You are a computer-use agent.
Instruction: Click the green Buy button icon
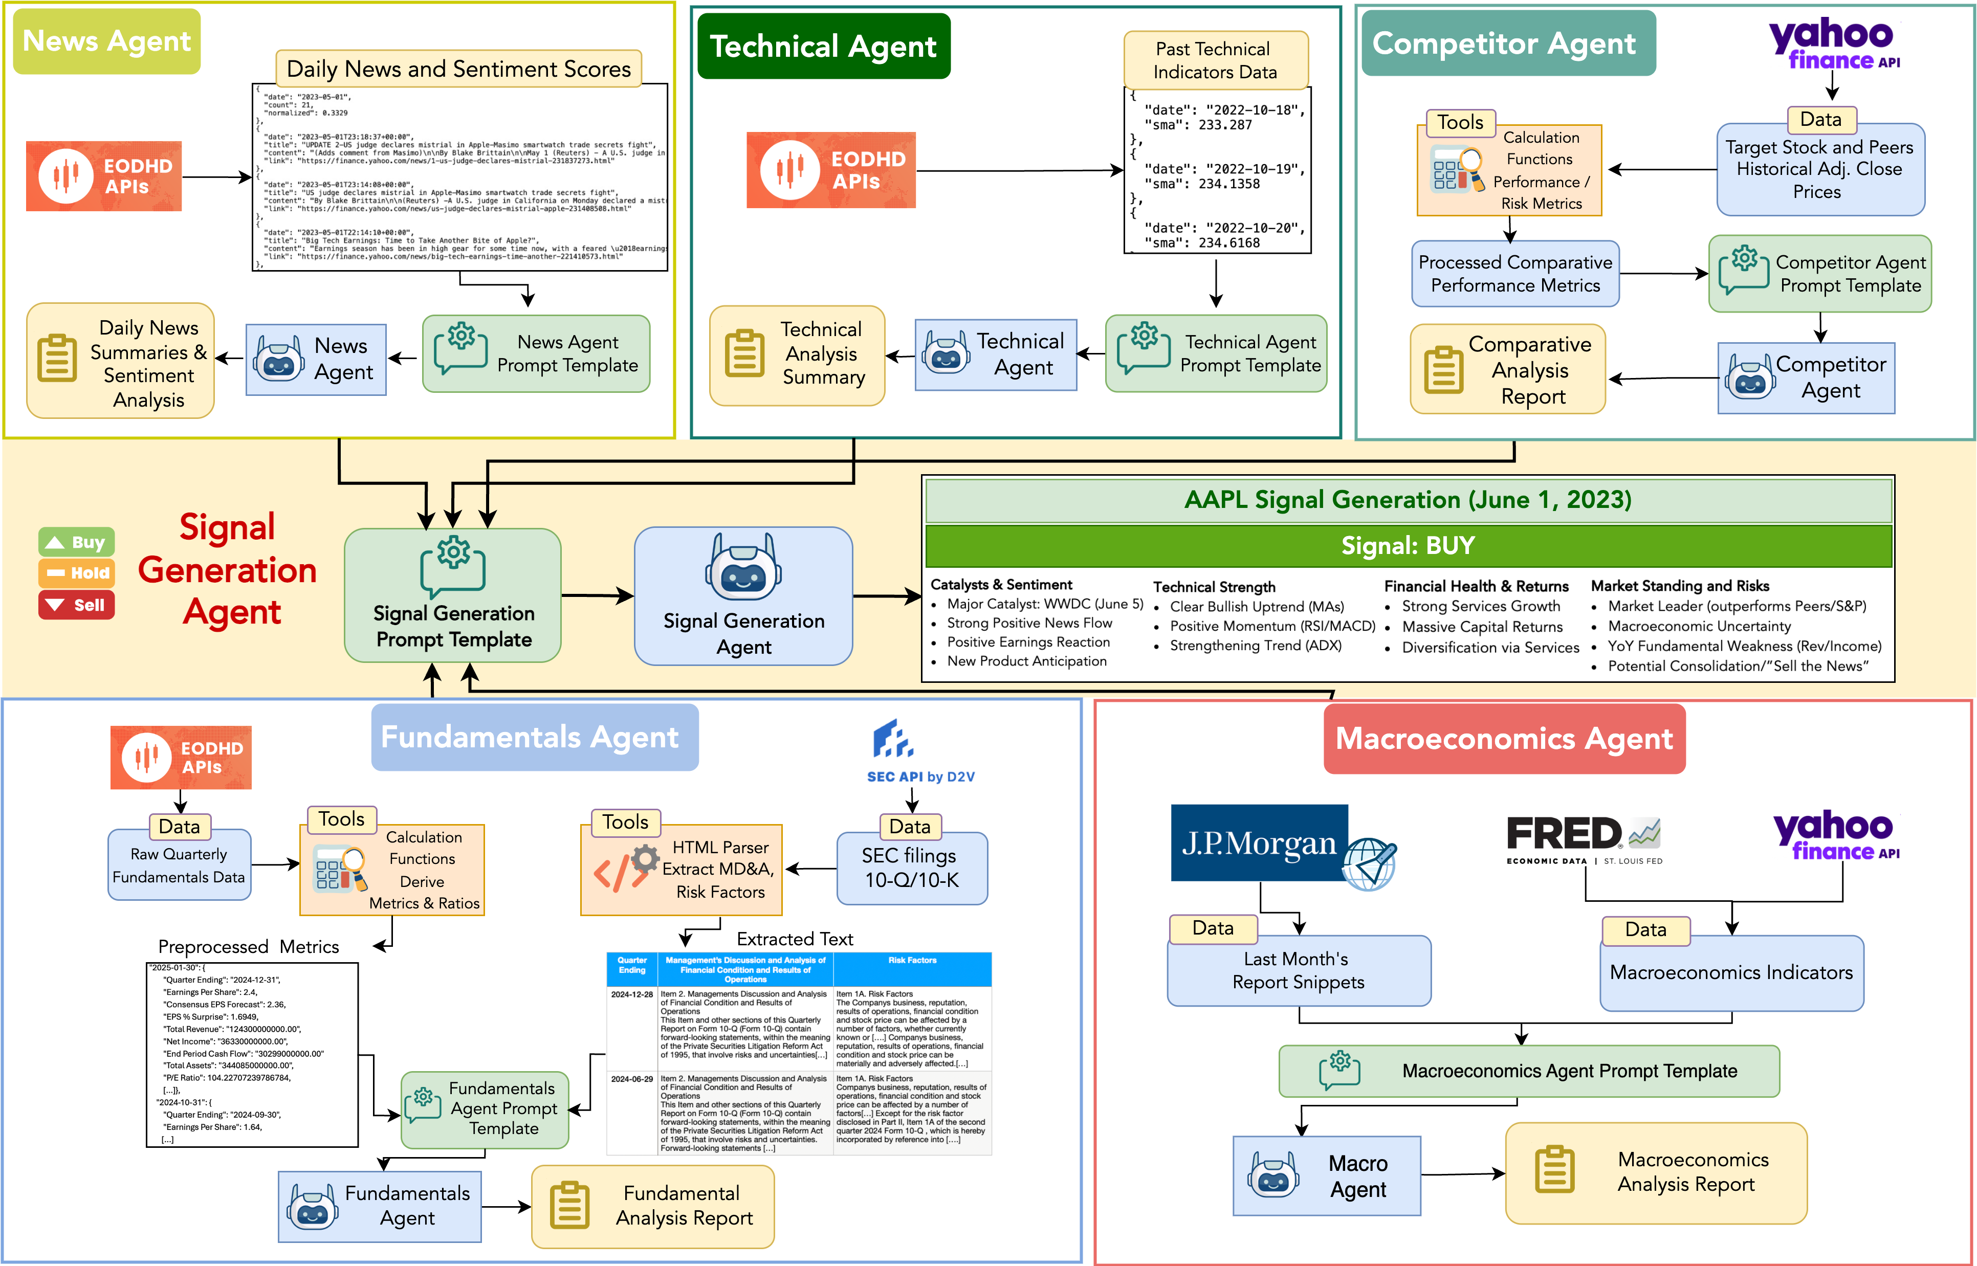point(76,543)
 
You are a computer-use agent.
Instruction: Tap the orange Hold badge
point(76,573)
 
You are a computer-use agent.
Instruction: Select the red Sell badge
point(76,605)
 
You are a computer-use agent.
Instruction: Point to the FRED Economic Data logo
point(1583,838)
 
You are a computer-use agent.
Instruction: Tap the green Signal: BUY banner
point(1408,546)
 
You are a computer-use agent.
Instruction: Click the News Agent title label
point(107,41)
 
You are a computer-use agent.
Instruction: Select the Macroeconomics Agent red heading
point(1504,738)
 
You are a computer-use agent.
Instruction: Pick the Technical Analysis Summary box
point(797,354)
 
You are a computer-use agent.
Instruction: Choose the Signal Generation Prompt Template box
point(453,595)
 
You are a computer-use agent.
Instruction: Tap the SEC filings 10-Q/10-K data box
point(912,868)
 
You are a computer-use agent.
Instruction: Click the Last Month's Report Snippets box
point(1299,971)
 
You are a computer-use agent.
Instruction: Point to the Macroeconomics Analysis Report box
point(1656,1173)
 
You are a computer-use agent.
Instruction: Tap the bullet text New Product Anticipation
point(1027,661)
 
